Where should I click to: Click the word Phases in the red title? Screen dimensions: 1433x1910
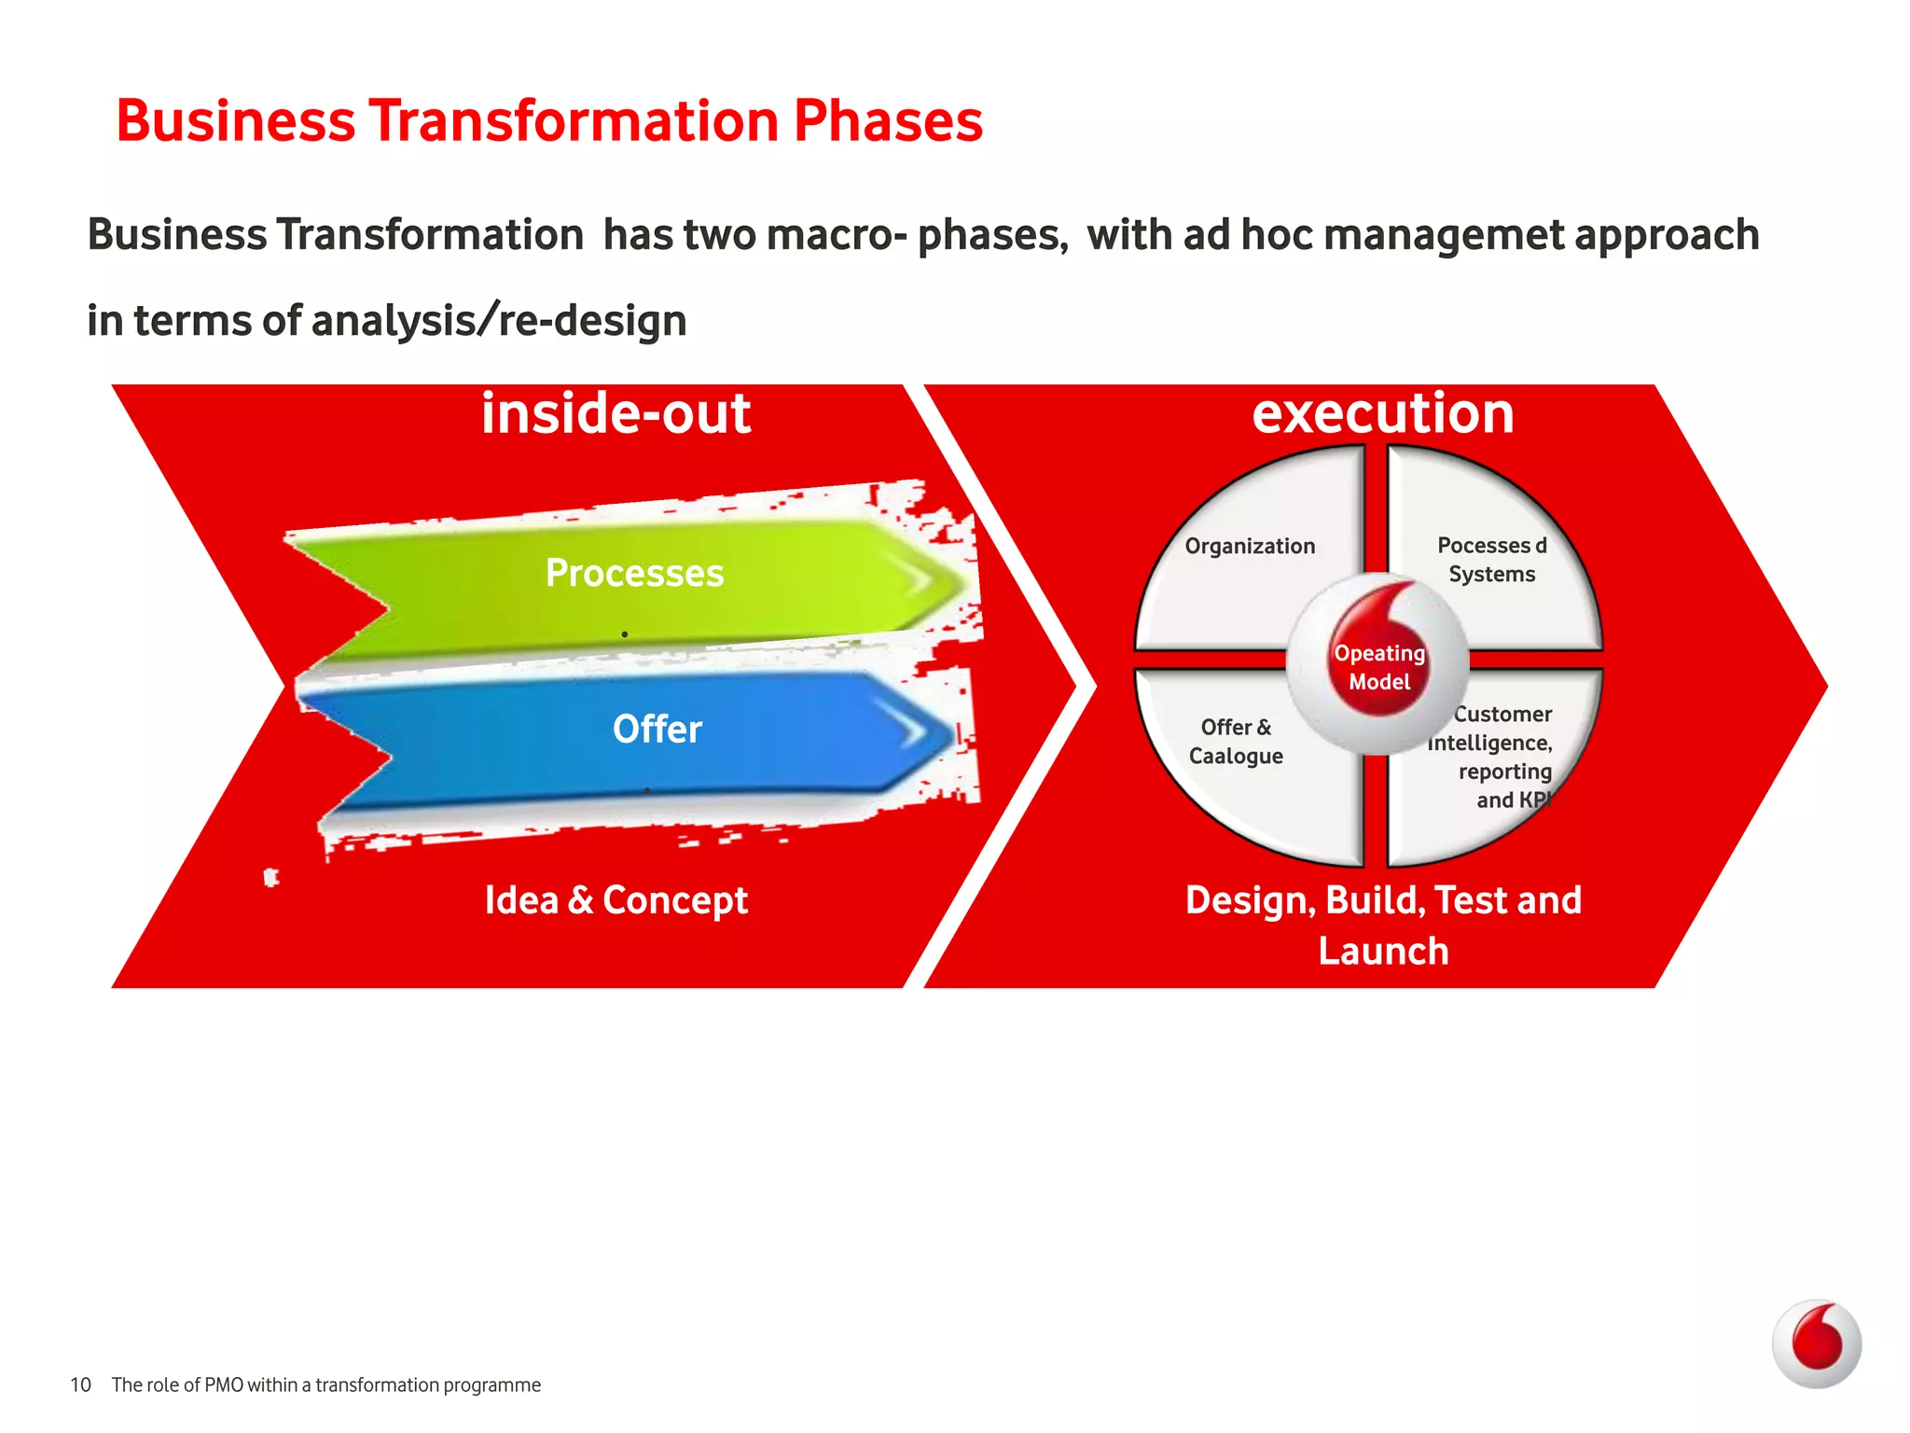coord(888,121)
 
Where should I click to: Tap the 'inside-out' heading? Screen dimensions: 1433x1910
coord(616,412)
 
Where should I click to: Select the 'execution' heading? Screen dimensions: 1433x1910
coord(1382,412)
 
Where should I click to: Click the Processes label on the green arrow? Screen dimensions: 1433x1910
coord(634,573)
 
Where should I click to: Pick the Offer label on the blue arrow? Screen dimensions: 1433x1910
coord(657,729)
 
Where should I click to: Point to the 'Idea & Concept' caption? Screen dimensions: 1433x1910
coord(616,900)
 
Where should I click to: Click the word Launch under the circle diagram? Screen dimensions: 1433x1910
coord(1383,952)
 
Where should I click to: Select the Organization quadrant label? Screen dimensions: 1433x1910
coord(1250,546)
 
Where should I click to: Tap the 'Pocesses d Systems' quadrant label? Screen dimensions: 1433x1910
coord(1492,559)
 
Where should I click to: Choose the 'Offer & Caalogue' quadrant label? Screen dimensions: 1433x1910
coord(1236,741)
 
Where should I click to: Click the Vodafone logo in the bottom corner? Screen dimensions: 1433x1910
coord(1816,1344)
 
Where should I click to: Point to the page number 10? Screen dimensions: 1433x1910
coord(80,1384)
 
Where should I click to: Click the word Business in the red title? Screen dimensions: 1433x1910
coord(236,121)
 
